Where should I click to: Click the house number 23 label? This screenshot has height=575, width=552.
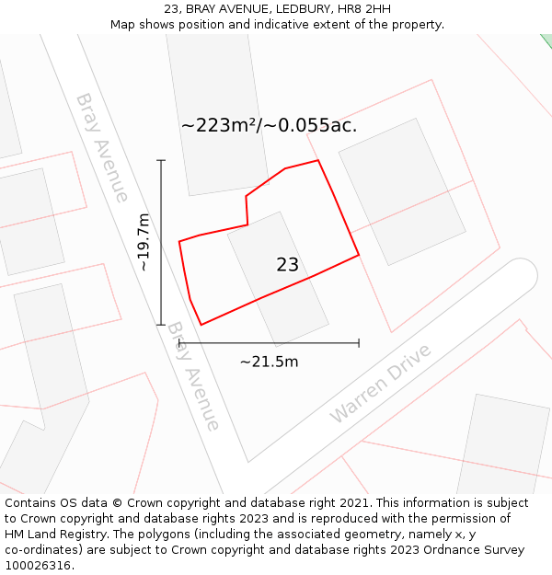287,265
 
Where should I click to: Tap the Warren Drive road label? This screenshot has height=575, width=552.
380,385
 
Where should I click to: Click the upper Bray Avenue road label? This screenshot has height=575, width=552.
102,146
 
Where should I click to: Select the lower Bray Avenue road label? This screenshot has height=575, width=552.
194,375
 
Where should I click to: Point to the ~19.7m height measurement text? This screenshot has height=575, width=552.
144,242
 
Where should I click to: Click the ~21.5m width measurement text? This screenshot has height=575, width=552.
269,362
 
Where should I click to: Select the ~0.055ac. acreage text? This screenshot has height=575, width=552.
311,126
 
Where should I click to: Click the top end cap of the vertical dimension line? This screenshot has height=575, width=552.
161,161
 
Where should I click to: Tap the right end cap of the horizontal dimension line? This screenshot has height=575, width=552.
359,343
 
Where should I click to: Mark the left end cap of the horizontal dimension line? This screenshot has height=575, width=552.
180,343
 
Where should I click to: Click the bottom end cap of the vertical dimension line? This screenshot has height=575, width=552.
161,325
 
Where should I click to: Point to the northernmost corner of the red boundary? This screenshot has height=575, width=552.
318,160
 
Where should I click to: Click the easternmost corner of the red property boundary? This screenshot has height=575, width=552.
359,255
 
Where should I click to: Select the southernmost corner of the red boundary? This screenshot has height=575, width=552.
201,325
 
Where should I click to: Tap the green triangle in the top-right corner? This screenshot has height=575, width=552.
547,40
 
